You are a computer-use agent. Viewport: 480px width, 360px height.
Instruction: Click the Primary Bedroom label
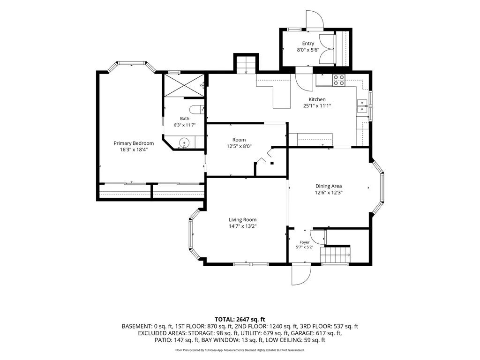tap(134, 143)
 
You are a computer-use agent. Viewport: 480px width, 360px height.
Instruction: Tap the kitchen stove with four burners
tap(338, 80)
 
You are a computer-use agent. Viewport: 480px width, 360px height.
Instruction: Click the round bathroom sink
tap(184, 142)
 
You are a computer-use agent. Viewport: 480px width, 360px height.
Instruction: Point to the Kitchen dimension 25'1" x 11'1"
tap(317, 106)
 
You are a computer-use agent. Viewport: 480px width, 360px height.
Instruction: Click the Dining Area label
tap(329, 186)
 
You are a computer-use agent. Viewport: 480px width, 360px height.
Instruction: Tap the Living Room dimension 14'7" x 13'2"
tap(242, 226)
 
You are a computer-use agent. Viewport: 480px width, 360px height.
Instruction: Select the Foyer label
tap(305, 242)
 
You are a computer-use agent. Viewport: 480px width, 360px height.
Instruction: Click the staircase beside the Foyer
tap(335, 255)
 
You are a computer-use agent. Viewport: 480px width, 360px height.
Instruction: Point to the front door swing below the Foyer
tap(301, 275)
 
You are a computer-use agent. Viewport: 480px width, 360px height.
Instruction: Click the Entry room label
tap(308, 44)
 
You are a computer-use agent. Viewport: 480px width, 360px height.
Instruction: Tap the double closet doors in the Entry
tap(326, 48)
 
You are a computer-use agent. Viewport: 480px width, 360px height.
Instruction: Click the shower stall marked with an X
tap(184, 85)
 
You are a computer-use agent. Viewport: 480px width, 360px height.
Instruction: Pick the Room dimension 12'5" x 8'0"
tap(239, 146)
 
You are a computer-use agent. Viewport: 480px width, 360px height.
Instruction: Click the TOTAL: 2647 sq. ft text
tap(240, 320)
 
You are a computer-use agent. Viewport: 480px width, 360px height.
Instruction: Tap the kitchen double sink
tap(362, 105)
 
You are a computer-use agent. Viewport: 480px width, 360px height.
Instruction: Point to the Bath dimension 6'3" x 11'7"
tap(185, 125)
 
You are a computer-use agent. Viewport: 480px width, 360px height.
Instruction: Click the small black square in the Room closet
tap(272, 163)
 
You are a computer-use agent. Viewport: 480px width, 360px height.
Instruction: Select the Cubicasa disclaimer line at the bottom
tap(240, 350)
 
